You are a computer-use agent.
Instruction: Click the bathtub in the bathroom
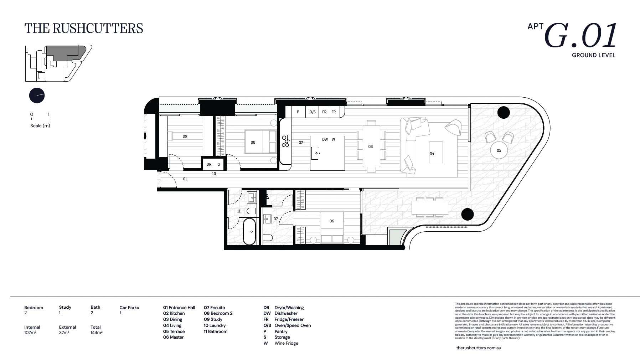point(249,232)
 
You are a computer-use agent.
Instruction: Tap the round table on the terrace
point(499,150)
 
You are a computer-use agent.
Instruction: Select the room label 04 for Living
point(432,154)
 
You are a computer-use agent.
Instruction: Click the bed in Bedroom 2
point(260,142)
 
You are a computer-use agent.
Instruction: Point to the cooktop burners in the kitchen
point(285,141)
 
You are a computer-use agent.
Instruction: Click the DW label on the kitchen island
point(325,139)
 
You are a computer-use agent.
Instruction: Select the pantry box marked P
point(298,112)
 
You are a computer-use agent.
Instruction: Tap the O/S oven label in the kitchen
point(313,112)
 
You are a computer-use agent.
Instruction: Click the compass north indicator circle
point(37,96)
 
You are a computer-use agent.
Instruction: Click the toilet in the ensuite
point(268,238)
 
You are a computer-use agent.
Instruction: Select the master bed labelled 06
point(332,227)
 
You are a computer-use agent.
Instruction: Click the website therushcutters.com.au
point(478,348)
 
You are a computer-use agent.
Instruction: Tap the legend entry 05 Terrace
point(174,331)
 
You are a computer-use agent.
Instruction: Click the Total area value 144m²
point(97,333)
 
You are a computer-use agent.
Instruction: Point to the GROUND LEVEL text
point(593,55)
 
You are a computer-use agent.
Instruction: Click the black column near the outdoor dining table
point(467,214)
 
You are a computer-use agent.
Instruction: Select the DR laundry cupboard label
point(209,164)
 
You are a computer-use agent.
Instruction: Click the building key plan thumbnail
point(57,63)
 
